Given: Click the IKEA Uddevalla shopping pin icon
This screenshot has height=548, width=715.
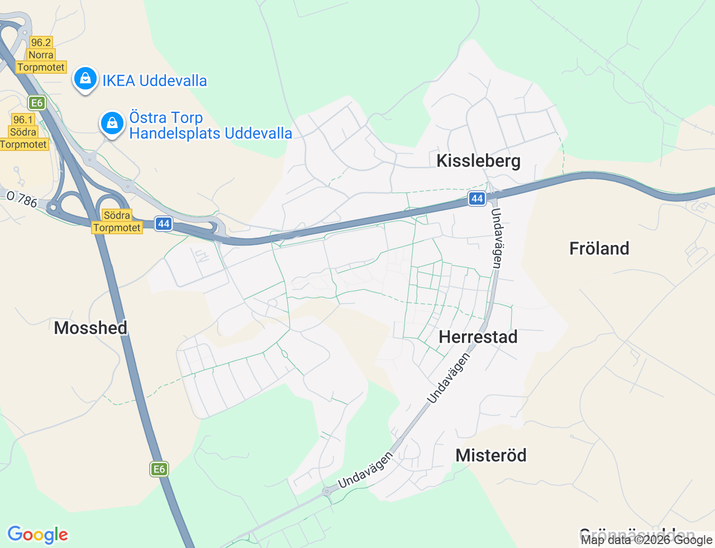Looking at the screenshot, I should click(x=85, y=79).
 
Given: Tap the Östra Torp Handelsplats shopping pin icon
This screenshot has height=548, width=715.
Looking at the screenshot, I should click(x=112, y=123).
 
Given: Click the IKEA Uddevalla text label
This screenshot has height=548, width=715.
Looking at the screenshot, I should click(x=154, y=81).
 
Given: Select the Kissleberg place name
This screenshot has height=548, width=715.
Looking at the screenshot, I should click(x=478, y=161).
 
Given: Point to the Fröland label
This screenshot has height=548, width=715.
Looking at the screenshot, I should click(x=599, y=248).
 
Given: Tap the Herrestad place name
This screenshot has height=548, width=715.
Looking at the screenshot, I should click(x=478, y=337).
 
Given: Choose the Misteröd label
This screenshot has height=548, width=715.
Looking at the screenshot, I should click(x=491, y=455).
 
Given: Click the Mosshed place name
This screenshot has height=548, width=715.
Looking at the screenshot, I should click(x=90, y=328).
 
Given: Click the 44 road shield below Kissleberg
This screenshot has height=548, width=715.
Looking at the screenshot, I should click(x=476, y=199).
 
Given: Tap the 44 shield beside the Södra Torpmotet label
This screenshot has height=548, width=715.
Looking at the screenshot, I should click(x=163, y=224).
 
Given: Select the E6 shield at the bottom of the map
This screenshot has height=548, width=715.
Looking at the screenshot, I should click(x=159, y=469).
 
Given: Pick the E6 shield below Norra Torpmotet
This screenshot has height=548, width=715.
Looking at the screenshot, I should click(x=37, y=103).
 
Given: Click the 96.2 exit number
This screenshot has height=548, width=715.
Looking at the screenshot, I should click(x=41, y=42).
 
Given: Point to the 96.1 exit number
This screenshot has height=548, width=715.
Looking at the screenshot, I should click(x=23, y=120).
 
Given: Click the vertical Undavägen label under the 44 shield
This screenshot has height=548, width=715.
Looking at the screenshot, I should click(x=496, y=238).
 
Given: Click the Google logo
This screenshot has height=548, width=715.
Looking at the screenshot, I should click(x=37, y=535).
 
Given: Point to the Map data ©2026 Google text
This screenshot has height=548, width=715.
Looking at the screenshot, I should click(x=646, y=540).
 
